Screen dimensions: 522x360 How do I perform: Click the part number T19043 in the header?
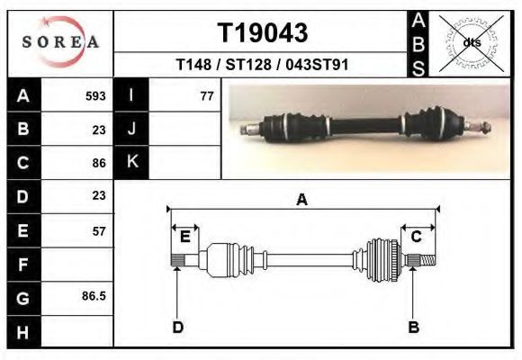263,33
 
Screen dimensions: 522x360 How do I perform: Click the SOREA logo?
60,42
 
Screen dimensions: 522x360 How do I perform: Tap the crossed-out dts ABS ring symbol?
472,43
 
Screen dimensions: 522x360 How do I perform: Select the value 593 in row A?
95,96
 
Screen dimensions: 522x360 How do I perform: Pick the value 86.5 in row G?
94,296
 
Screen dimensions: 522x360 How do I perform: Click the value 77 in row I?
207,96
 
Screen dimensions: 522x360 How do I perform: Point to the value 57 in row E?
99,231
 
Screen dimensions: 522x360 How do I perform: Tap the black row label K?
131,162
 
